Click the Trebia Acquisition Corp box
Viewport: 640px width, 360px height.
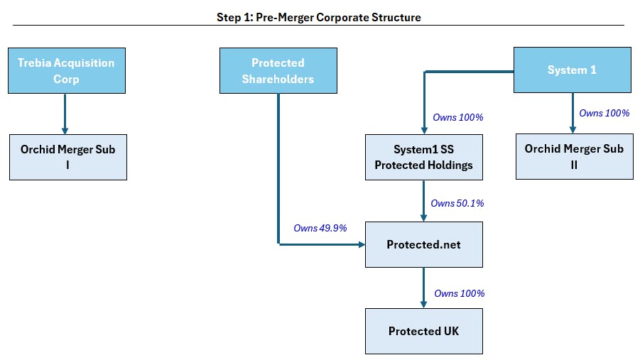(x=67, y=70)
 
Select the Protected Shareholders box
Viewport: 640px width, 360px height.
(x=278, y=70)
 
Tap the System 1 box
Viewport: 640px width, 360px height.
(x=573, y=70)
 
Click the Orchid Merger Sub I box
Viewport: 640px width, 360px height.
(x=68, y=157)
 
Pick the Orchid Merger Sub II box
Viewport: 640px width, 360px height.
(x=575, y=156)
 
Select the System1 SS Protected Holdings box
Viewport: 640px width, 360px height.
(x=424, y=157)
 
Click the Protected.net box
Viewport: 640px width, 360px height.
(x=424, y=244)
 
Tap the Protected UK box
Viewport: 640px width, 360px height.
(x=424, y=331)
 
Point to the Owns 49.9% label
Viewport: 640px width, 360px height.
(x=320, y=228)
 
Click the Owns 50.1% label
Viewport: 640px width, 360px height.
(x=457, y=203)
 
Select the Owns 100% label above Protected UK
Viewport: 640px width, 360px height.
(x=459, y=293)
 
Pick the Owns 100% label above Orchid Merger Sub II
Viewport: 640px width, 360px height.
(x=604, y=113)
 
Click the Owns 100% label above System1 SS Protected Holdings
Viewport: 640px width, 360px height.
(x=458, y=118)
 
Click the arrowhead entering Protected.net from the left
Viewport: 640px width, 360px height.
(x=362, y=244)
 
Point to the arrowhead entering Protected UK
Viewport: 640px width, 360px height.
(x=423, y=305)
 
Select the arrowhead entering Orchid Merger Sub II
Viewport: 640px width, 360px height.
(x=573, y=130)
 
